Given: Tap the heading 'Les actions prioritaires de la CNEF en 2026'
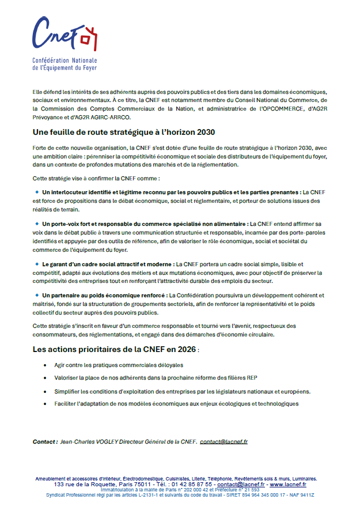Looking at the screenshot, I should click(x=115, y=350).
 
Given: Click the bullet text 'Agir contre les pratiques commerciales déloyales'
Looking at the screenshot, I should click(x=119, y=365).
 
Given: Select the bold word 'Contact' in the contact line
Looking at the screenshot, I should click(x=44, y=441).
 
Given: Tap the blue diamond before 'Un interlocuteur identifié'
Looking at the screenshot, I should click(x=37, y=191).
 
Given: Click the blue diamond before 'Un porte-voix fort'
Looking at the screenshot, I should click(x=37, y=223).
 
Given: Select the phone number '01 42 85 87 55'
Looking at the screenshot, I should click(x=191, y=485).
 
